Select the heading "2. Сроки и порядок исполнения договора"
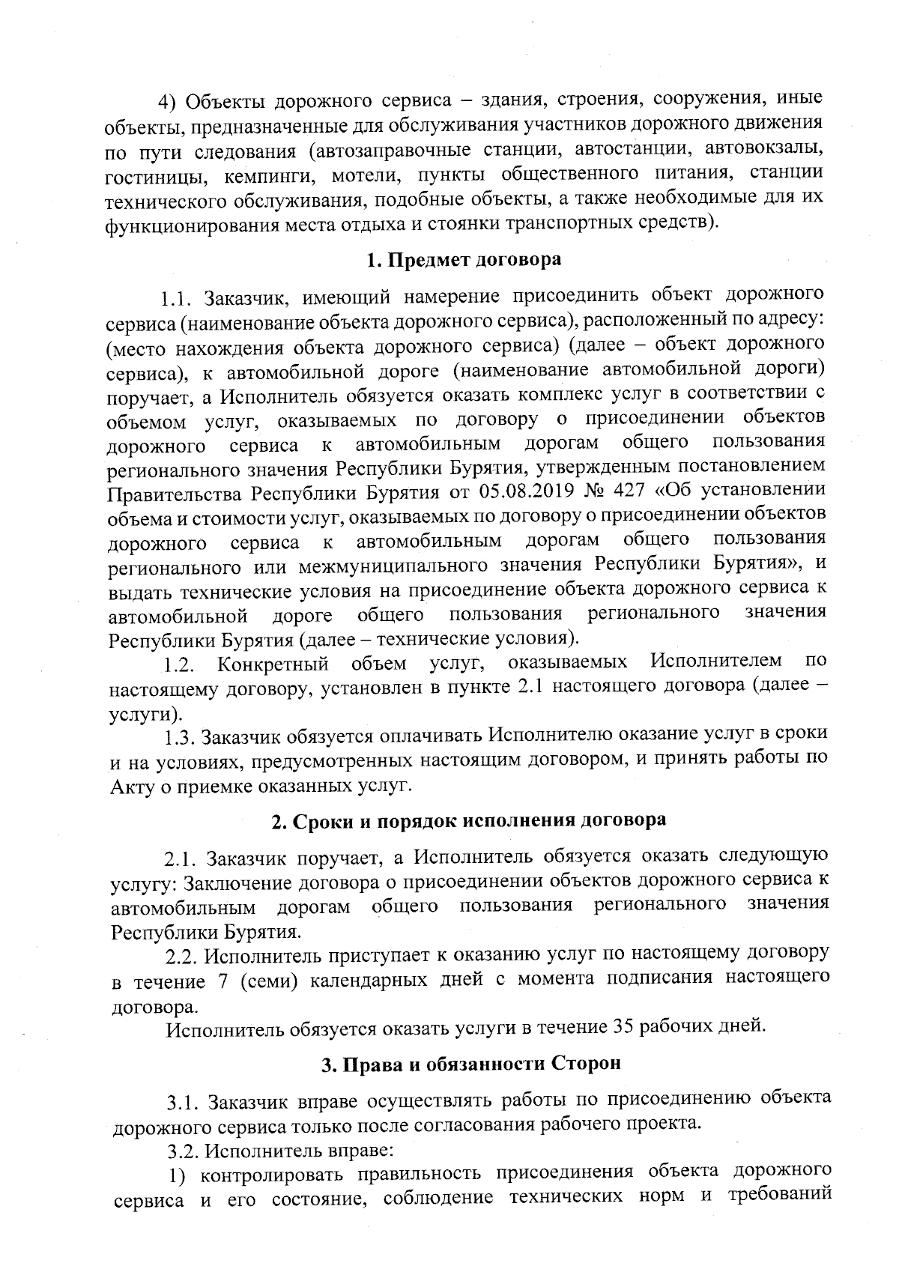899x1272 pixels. click(x=468, y=820)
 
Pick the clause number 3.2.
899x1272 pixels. click(x=181, y=1148)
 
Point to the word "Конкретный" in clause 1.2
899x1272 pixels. click(x=273, y=664)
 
